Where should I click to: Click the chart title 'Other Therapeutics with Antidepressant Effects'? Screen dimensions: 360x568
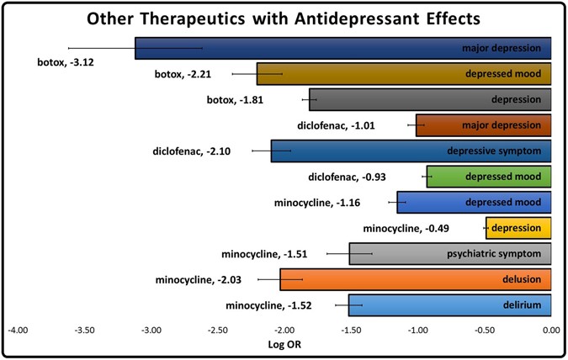283,18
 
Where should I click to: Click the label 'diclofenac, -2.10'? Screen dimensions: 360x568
191,151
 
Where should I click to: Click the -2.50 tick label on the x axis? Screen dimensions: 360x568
218,331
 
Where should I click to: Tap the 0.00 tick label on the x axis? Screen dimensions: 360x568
551,331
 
